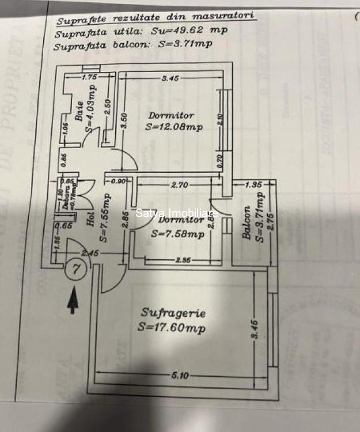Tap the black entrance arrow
73,301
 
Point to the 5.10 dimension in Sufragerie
180,376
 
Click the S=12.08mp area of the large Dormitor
175,127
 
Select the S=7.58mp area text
177,234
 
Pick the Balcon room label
247,223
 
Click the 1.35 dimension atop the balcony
253,185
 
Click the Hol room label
90,219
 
